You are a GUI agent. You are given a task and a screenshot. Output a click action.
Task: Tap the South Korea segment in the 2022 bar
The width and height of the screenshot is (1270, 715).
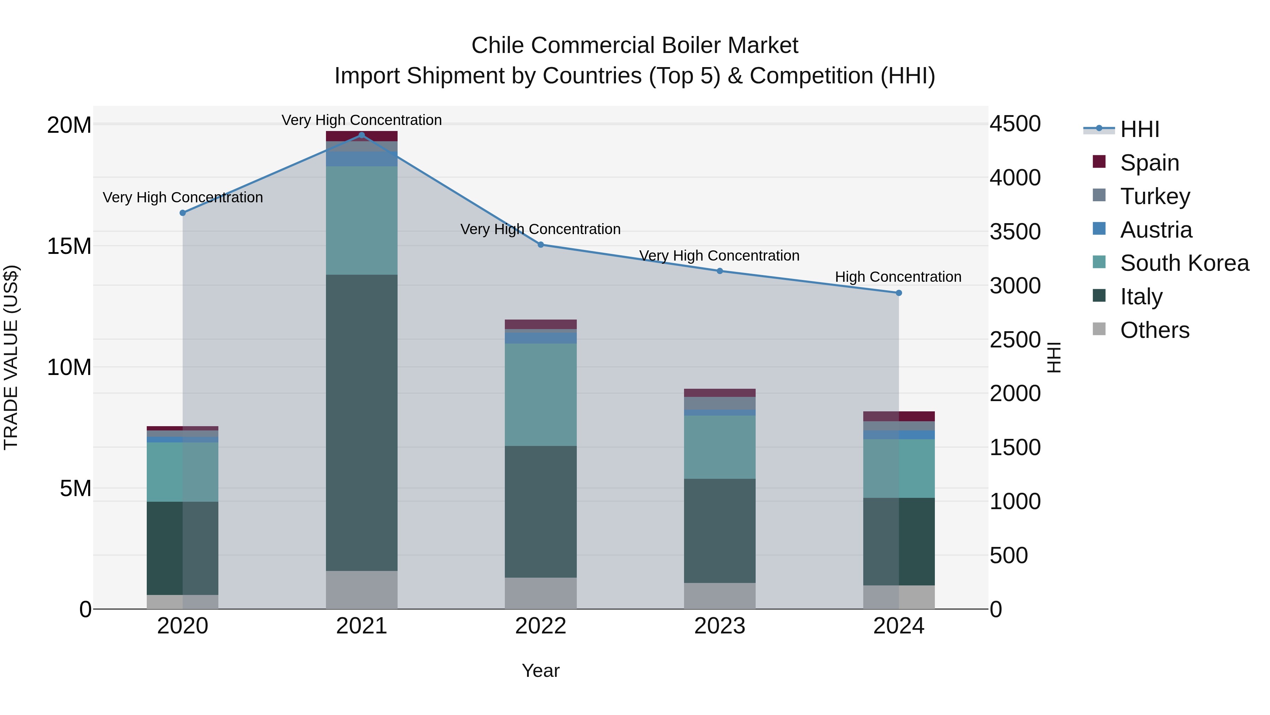click(540, 395)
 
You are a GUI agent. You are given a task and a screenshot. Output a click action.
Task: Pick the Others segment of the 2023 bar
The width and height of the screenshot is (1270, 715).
click(719, 596)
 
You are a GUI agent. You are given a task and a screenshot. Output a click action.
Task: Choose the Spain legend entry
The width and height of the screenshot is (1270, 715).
click(1149, 163)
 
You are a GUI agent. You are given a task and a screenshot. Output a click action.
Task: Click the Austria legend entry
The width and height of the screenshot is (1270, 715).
click(1156, 230)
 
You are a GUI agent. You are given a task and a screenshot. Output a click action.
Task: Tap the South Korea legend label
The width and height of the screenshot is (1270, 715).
click(1184, 263)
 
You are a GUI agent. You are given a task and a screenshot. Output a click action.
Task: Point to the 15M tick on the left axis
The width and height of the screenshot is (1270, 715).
click(69, 246)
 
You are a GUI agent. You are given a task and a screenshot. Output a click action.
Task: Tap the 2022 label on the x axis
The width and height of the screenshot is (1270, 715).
click(540, 626)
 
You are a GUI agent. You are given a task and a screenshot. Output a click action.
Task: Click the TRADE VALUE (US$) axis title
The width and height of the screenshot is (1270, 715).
click(11, 357)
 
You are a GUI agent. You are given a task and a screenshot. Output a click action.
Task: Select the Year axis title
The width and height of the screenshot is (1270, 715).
click(540, 671)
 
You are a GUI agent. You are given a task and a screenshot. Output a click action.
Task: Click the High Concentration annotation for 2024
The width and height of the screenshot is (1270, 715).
click(898, 277)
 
